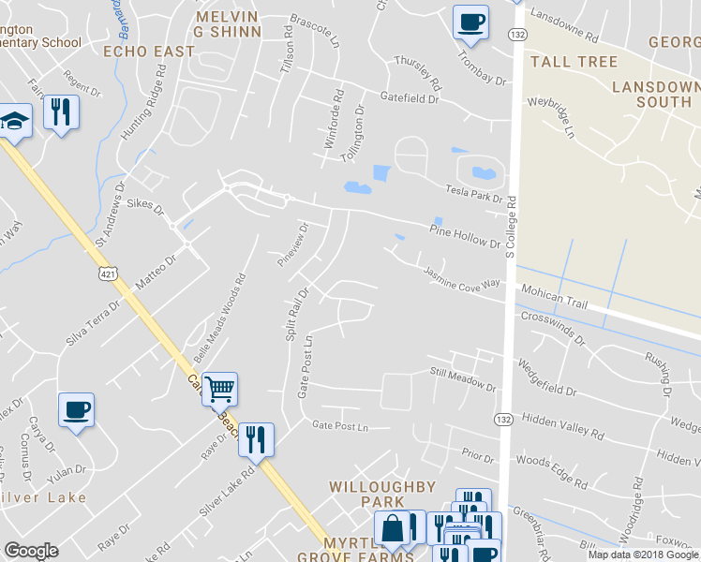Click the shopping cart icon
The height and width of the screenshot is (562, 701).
[219, 388]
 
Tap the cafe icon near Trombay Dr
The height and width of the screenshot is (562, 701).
[470, 21]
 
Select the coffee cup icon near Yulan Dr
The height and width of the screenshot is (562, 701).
[77, 408]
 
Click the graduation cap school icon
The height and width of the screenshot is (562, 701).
[14, 121]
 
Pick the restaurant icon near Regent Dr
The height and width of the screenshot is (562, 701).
[61, 112]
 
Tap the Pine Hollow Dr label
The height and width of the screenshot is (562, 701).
[466, 236]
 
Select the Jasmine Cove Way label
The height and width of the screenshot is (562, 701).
[461, 278]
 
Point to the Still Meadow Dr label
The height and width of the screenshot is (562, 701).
[462, 379]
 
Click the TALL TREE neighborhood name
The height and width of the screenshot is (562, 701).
[574, 62]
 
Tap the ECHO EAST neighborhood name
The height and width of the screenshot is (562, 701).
[149, 51]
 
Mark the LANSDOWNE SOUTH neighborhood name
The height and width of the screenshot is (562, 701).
[656, 94]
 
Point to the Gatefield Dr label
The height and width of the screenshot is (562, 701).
[410, 96]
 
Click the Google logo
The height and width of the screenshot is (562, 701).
[31, 551]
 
